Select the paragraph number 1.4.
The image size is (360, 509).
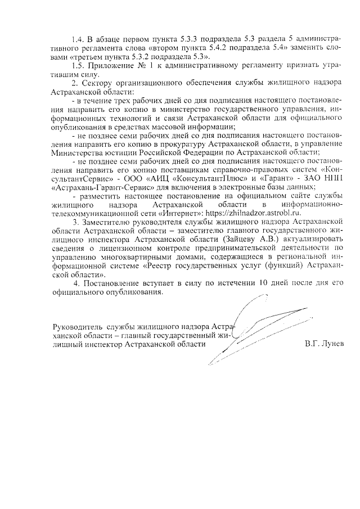click(79, 40)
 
